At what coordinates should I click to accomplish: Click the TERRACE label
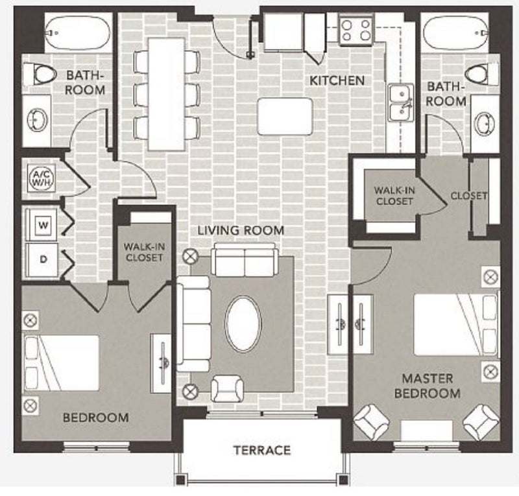[262, 450]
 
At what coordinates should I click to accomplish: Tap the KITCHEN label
[337, 80]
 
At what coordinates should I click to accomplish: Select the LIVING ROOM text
[241, 230]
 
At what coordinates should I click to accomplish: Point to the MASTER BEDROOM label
[428, 386]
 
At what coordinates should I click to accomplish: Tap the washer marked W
[42, 226]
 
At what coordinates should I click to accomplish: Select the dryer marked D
[42, 260]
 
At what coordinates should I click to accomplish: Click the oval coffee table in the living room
[243, 324]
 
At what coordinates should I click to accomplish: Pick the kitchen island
[285, 116]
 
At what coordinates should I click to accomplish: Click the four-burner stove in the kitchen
[356, 30]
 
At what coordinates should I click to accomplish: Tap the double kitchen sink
[401, 104]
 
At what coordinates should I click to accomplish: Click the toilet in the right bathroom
[482, 75]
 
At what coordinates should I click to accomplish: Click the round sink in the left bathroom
[38, 121]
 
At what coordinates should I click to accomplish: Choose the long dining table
[167, 94]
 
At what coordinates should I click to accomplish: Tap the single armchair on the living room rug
[228, 388]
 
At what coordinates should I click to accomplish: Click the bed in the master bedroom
[457, 324]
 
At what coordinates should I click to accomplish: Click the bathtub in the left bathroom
[77, 32]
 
